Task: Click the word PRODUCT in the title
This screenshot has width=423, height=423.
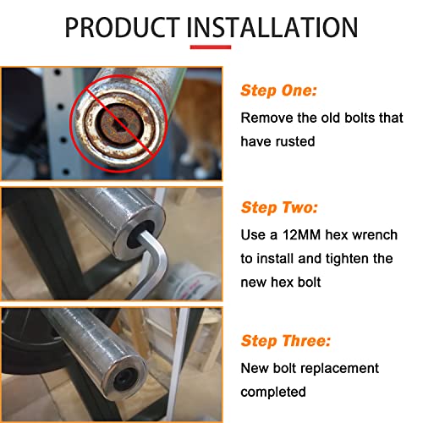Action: pos(123,27)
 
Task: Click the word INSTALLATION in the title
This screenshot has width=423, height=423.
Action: pos(272,27)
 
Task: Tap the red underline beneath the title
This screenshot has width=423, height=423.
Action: pos(211,47)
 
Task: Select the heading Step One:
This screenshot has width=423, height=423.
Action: pos(278,91)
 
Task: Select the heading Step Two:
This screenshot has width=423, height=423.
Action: pos(279,207)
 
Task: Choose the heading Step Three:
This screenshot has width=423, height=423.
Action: pos(285,341)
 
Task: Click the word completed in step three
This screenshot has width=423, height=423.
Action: pos(273,393)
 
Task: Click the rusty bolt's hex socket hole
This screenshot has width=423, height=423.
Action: pos(119,124)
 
